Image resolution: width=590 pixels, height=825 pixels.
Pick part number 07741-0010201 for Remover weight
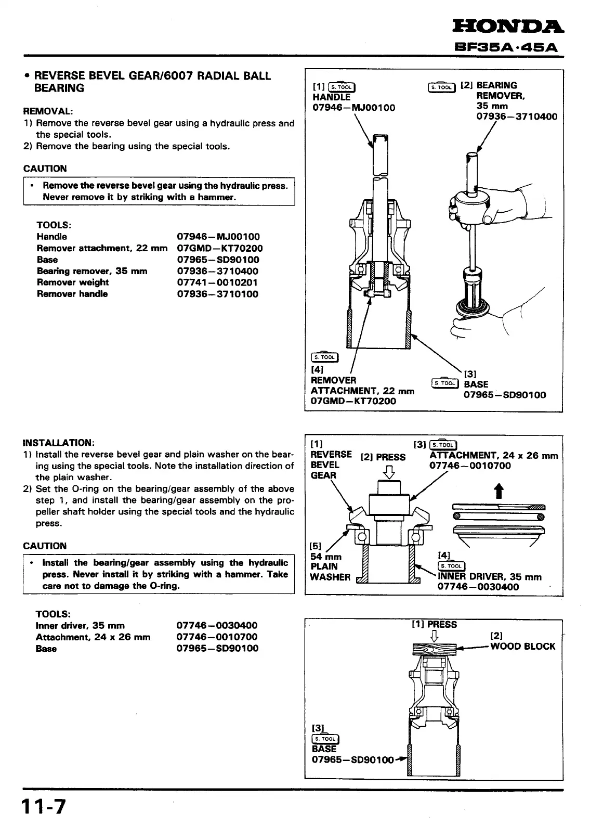[217, 282]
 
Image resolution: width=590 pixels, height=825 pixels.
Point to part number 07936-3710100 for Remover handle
[217, 294]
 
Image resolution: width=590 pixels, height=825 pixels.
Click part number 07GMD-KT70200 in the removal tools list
[219, 248]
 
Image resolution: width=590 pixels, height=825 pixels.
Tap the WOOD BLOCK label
[522, 646]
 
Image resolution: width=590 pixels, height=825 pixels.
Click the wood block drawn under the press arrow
[434, 649]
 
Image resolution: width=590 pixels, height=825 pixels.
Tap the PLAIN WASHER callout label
[330, 571]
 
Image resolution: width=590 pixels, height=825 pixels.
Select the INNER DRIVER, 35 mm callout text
[489, 576]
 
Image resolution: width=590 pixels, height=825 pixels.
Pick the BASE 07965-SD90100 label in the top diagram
[504, 390]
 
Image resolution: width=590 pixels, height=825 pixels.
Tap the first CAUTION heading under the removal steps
[45, 169]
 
